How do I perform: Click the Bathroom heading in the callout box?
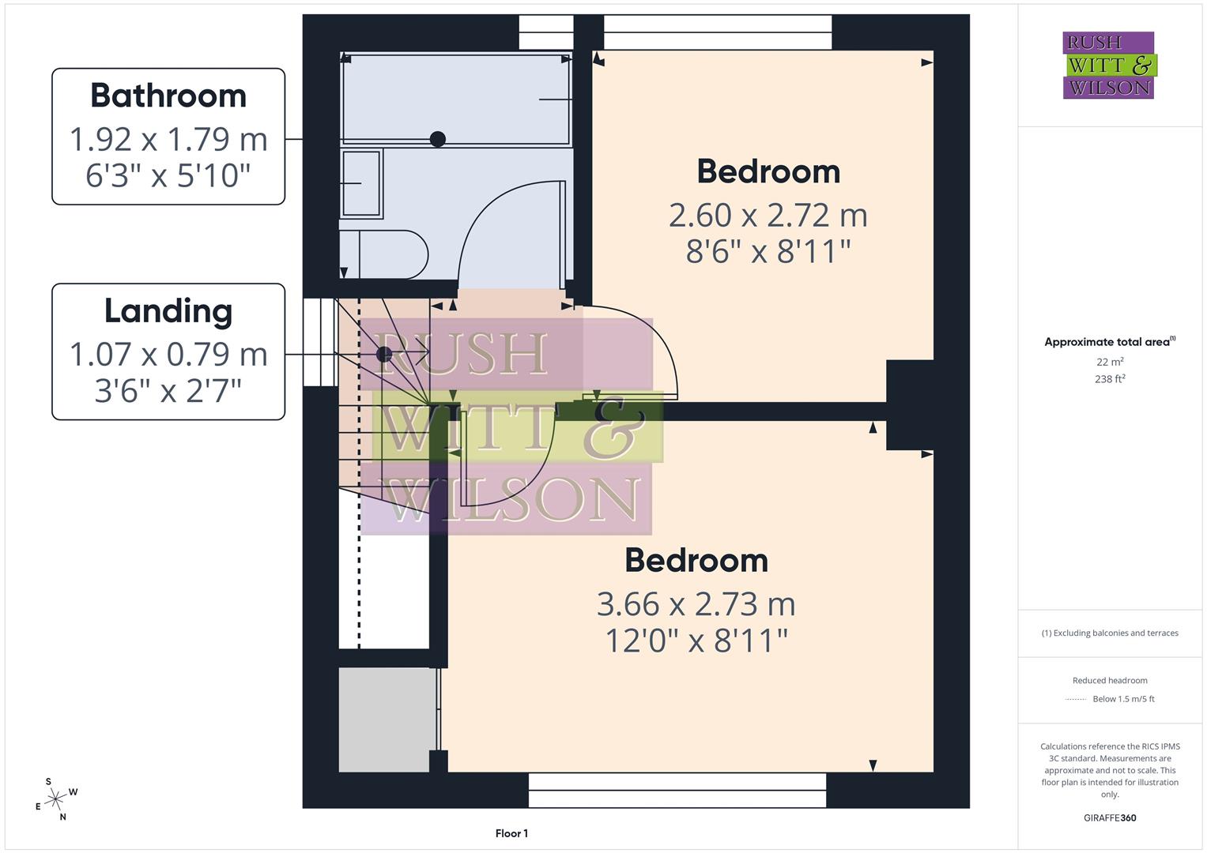coord(168,96)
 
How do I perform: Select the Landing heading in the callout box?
coord(168,311)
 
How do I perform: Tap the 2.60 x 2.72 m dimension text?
coord(768,215)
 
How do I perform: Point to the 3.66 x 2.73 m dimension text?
coord(696,604)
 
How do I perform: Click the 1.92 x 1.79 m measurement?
coord(168,140)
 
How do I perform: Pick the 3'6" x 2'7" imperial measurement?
coord(168,390)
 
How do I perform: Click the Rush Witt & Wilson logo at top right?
coord(1109,65)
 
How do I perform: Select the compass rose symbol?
coord(55,800)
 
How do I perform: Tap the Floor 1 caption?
coord(511,833)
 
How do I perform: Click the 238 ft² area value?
coord(1110,379)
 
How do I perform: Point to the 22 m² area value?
coord(1110,362)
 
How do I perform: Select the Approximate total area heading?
coord(1109,342)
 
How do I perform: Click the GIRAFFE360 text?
coord(1110,817)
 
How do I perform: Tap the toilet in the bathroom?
coord(383,254)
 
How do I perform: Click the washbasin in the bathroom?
coord(361,183)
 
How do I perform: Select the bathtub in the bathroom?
coord(455,99)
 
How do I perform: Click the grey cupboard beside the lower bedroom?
coord(387,720)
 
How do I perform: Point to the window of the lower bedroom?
coord(677,790)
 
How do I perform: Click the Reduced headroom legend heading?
coord(1110,680)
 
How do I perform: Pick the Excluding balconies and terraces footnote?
coord(1110,633)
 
